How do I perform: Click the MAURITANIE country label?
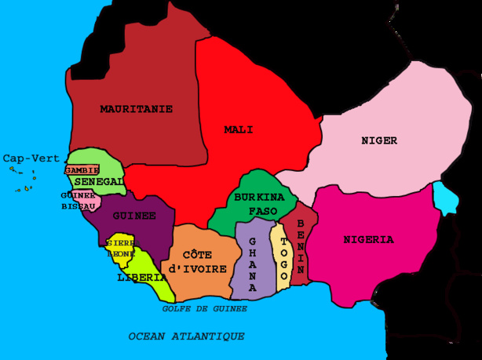point(136,109)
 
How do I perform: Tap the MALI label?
point(239,129)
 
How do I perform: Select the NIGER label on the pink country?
point(379,141)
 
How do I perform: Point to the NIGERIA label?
point(368,239)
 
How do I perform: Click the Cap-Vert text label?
point(31,158)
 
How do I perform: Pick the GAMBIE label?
point(82,169)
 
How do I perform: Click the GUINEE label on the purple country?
point(133,216)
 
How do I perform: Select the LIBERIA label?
point(141,277)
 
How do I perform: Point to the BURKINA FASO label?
point(260,204)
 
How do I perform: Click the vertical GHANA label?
point(252,265)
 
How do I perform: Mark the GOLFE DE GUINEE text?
point(204,309)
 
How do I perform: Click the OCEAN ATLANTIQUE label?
point(187,336)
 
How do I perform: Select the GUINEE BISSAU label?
point(78,201)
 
